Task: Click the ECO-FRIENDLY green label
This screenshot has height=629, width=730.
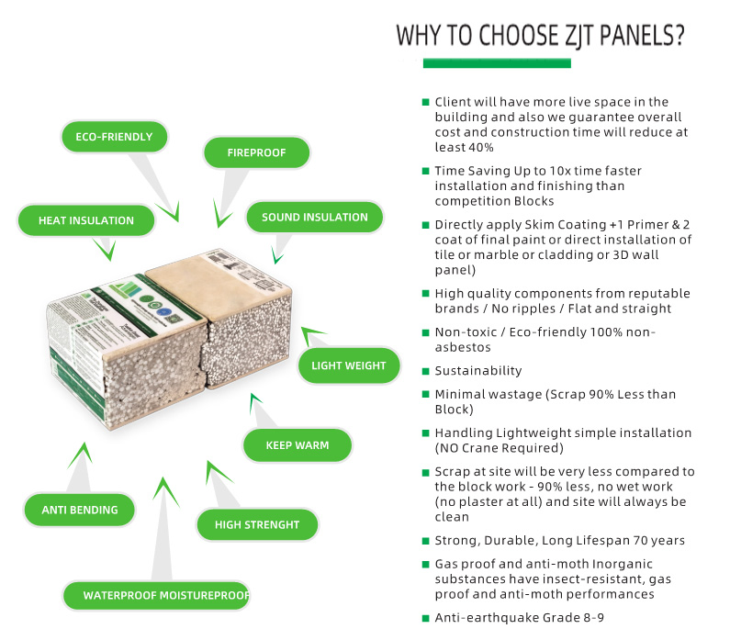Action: coord(114,137)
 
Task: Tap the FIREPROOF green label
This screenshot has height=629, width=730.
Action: coord(256,152)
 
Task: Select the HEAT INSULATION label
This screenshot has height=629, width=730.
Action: coord(85,220)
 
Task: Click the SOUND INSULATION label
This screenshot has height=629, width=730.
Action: coord(314,218)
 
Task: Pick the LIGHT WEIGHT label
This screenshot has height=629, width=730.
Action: coord(348,365)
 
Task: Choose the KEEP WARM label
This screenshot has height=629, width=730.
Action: coord(297,445)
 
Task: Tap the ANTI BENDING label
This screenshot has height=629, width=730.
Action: coord(80,510)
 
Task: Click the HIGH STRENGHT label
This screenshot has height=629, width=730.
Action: coord(257,524)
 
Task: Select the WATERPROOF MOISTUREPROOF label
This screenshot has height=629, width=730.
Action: coord(166,595)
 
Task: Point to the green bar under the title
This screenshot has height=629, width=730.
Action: coord(496,63)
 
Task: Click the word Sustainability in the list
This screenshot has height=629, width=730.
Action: coord(477,371)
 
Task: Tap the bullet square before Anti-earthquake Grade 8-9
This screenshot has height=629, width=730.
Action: coord(425,618)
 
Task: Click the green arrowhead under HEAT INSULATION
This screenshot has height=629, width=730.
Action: coord(106,250)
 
